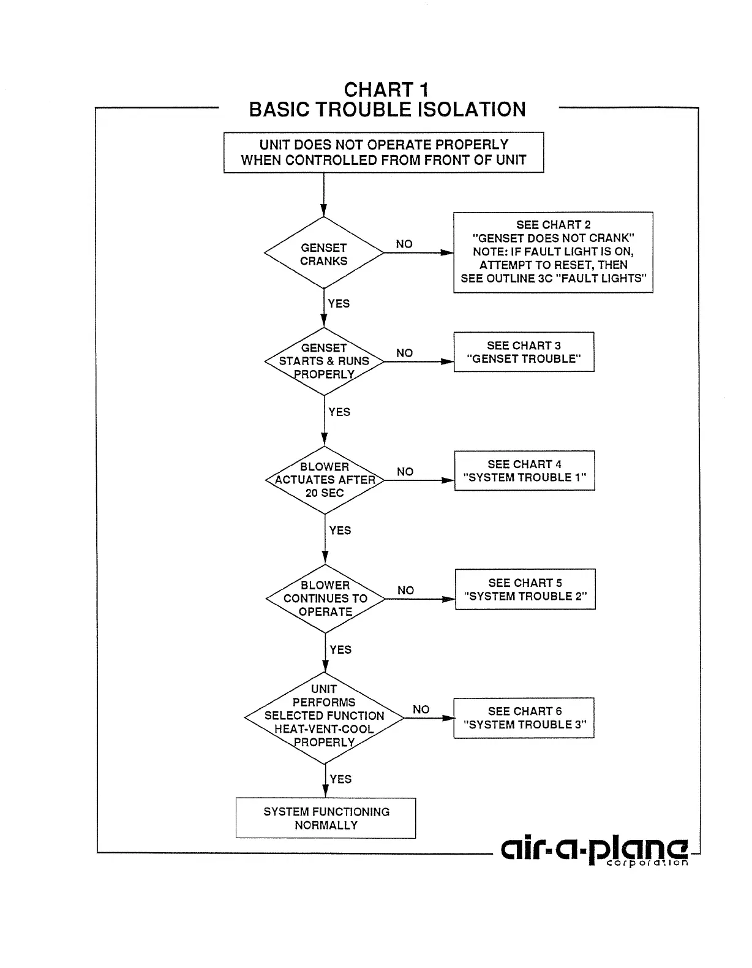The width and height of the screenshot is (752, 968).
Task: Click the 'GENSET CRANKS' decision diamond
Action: pyautogui.click(x=323, y=254)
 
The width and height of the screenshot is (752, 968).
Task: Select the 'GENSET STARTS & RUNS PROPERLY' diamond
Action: pyautogui.click(x=324, y=361)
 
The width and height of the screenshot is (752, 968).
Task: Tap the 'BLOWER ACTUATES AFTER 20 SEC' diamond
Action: pyautogui.click(x=325, y=480)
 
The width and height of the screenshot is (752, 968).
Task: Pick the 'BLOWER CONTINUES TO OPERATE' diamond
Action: pyautogui.click(x=325, y=599)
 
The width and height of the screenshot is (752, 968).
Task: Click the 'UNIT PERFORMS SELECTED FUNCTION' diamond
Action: pyautogui.click(x=324, y=716)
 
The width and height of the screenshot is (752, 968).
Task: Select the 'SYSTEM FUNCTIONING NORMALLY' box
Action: pyautogui.click(x=326, y=818)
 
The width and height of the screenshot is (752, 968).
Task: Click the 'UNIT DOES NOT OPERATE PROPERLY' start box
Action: pyautogui.click(x=383, y=153)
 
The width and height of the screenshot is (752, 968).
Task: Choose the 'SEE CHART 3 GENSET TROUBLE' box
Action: pyautogui.click(x=524, y=352)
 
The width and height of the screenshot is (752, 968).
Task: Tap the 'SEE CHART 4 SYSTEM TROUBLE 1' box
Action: pyautogui.click(x=524, y=471)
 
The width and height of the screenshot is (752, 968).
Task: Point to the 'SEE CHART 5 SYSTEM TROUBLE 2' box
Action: pyautogui.click(x=525, y=589)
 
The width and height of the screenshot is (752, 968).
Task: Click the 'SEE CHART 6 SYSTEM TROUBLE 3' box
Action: pyautogui.click(x=524, y=717)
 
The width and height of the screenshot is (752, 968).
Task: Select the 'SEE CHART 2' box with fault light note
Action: pyautogui.click(x=553, y=252)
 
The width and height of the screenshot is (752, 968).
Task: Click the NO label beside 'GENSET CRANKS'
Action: pyautogui.click(x=404, y=244)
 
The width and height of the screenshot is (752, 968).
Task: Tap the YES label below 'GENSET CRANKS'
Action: pyautogui.click(x=339, y=303)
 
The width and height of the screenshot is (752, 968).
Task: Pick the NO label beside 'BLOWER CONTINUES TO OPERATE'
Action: pyautogui.click(x=405, y=590)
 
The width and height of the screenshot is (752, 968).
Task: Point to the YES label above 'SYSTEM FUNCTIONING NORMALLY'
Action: pyautogui.click(x=340, y=779)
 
